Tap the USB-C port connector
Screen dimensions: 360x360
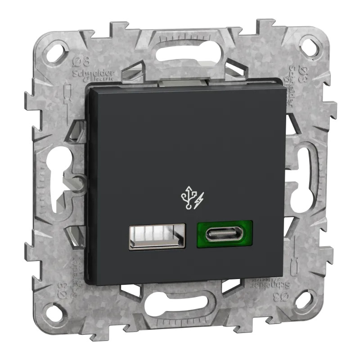[224, 234]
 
